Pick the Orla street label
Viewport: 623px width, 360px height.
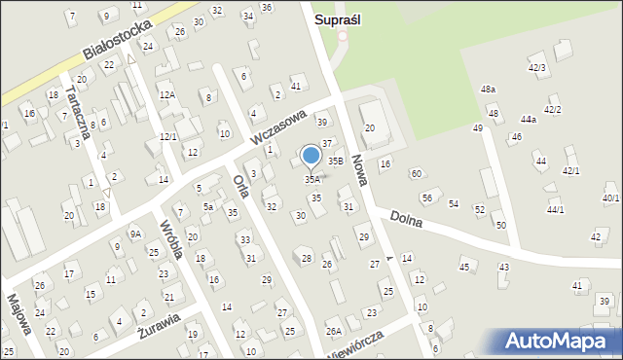243,185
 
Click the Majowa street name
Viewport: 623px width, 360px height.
18,312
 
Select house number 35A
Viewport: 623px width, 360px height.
311,179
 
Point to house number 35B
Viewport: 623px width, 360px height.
335,160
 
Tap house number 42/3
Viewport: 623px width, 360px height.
536,67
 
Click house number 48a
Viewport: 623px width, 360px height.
488,89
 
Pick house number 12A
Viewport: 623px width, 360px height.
167,94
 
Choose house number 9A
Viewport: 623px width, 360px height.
136,234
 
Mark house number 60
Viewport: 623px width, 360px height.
416,173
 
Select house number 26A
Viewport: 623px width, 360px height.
334,332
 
